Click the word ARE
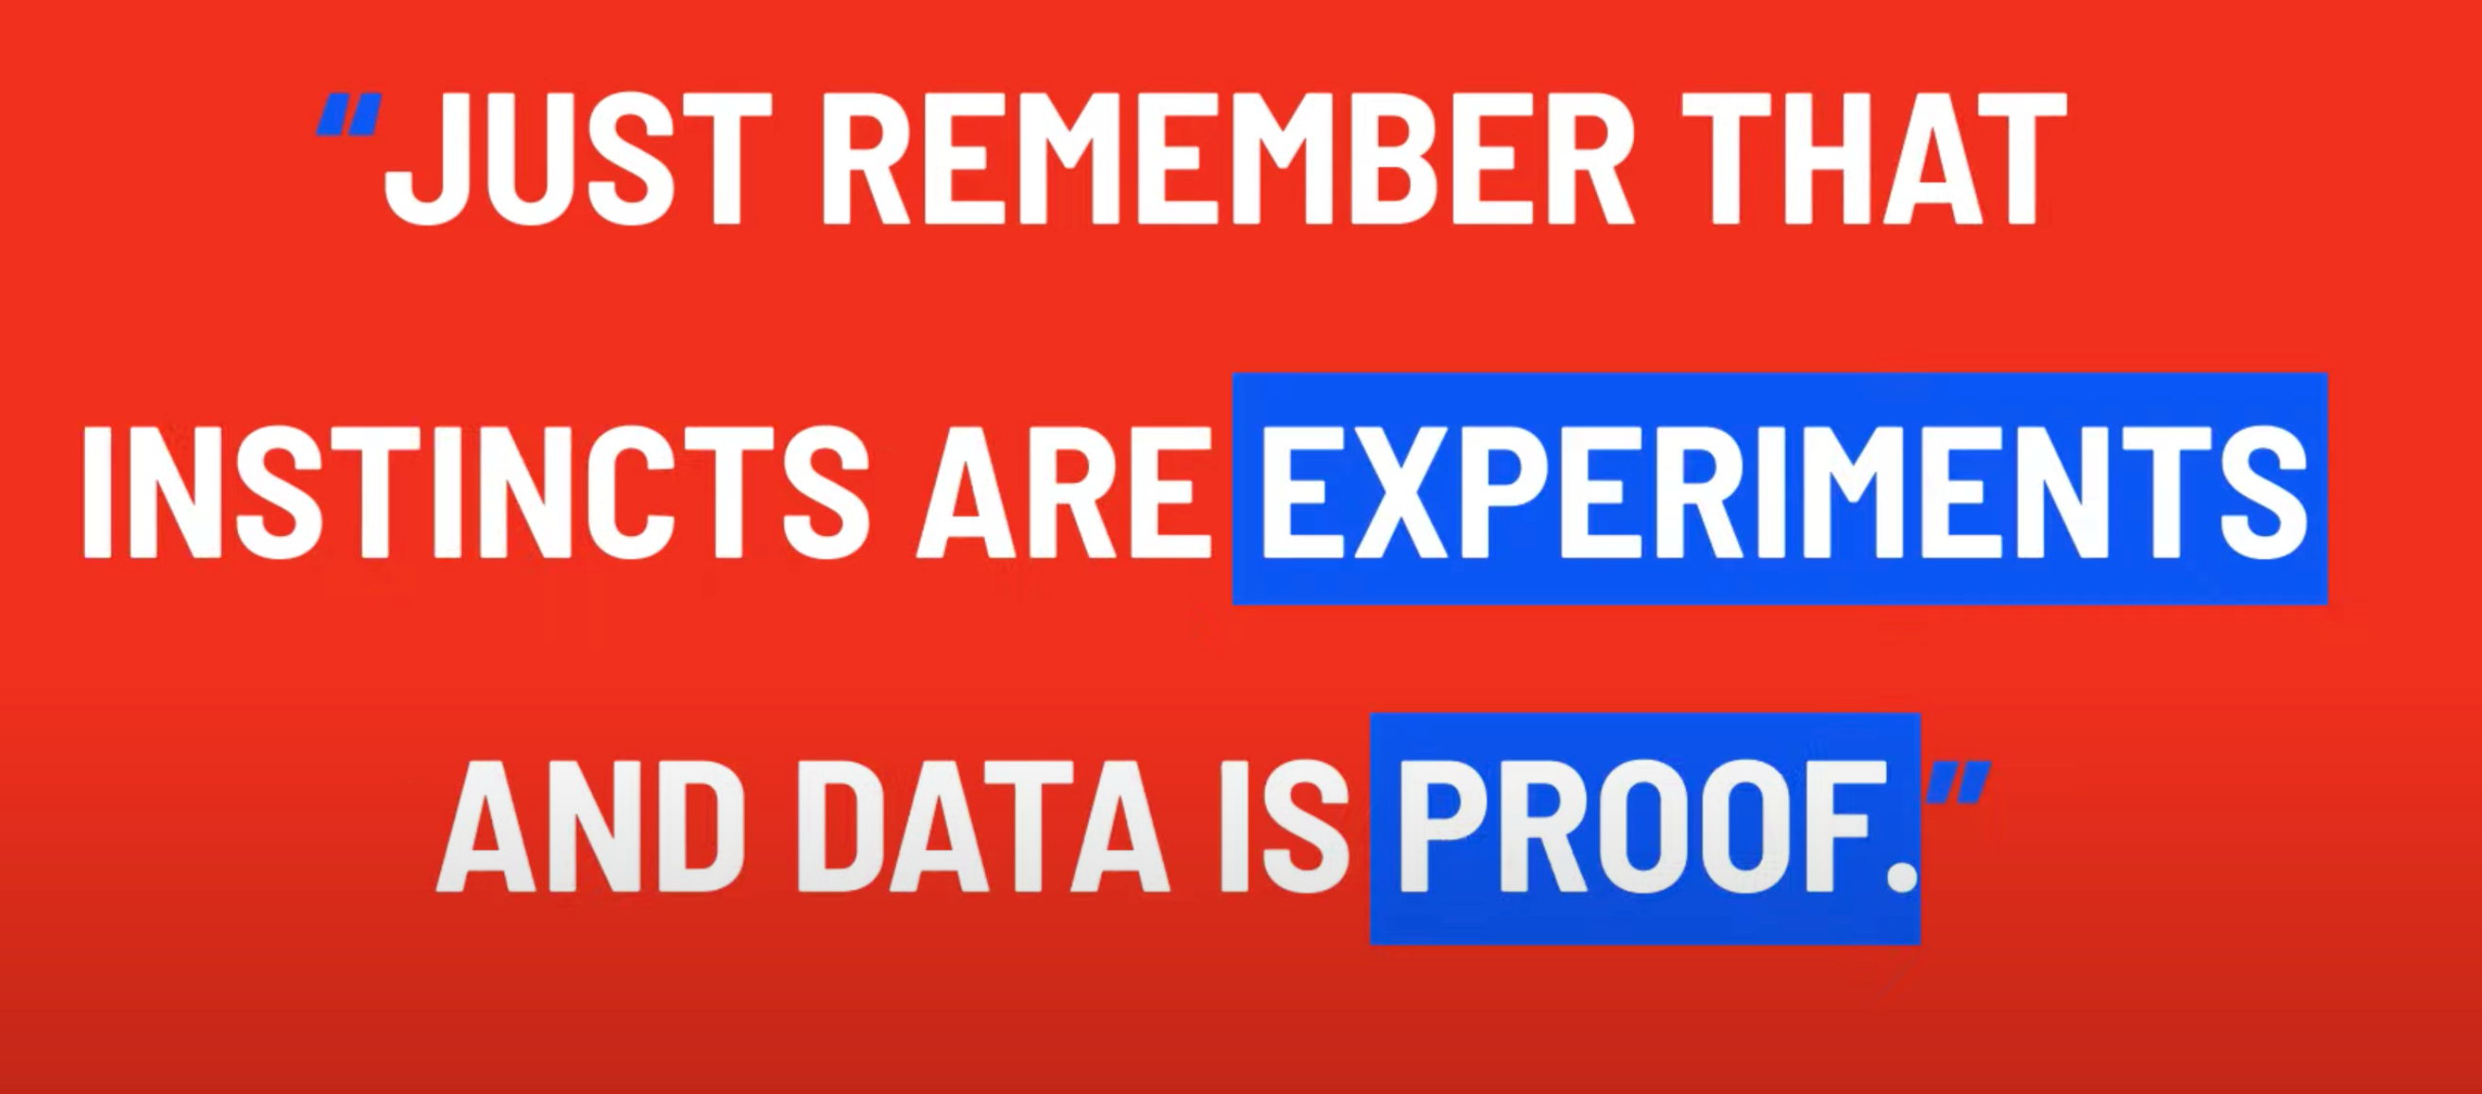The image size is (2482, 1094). (1063, 490)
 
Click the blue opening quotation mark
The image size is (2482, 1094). (349, 113)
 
